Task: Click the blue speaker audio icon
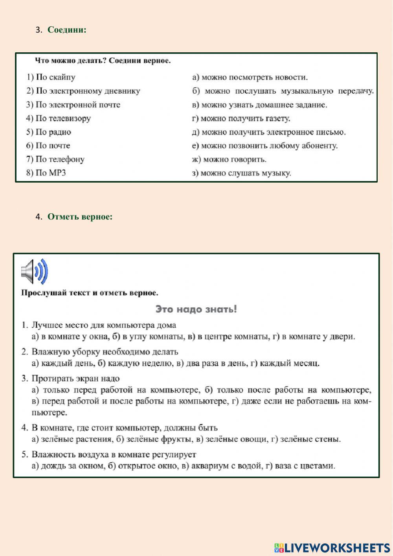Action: (x=35, y=272)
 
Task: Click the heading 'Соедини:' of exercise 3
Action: (x=67, y=30)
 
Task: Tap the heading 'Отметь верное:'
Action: (x=80, y=217)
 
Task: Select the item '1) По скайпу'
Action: (x=51, y=77)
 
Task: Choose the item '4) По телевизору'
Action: (x=59, y=118)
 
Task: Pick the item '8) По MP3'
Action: (x=46, y=173)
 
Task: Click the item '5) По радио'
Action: (x=49, y=132)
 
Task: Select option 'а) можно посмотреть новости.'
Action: (x=250, y=77)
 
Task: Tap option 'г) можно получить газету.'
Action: (x=241, y=118)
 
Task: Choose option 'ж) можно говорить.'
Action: (x=229, y=159)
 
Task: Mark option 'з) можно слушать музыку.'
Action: (x=242, y=173)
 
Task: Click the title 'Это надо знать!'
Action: (x=196, y=309)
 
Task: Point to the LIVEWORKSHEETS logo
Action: (x=332, y=547)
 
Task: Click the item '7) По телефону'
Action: (x=55, y=159)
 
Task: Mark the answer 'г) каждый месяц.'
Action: (x=285, y=363)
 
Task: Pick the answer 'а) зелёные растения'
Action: (x=72, y=439)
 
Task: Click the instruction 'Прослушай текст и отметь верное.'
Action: (x=90, y=293)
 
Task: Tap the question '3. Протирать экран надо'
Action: (x=71, y=379)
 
